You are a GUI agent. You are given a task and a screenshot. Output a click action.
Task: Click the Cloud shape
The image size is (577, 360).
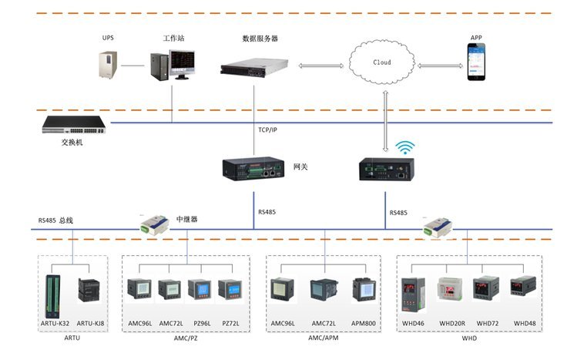coord(381,62)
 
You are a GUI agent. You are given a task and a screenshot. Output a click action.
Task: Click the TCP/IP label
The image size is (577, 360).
coord(267,130)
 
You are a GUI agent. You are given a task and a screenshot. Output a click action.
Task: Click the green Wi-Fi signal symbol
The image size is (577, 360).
coord(404,146)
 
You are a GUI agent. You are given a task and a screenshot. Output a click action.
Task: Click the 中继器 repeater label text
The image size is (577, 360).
coord(186,219)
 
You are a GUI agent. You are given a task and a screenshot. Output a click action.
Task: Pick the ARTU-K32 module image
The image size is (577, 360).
coord(53,292)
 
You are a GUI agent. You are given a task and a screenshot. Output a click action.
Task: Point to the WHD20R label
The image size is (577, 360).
coord(453,322)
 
